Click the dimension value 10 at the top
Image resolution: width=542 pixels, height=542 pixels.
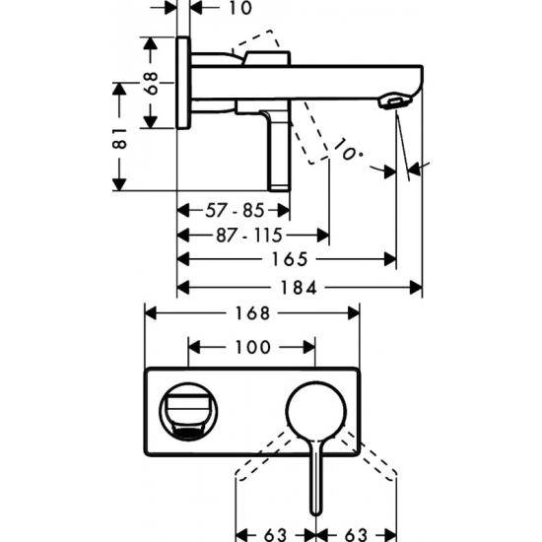[x=240, y=8]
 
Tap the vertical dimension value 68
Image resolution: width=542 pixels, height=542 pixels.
[x=152, y=83]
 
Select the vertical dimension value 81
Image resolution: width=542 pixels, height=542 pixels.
[x=119, y=138]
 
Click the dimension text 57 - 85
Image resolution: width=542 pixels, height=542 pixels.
[x=235, y=210]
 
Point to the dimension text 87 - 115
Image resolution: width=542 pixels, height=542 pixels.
[x=249, y=236]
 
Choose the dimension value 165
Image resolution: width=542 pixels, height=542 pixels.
[x=290, y=259]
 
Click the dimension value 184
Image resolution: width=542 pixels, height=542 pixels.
[x=299, y=288]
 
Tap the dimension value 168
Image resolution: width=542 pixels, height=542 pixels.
[x=252, y=313]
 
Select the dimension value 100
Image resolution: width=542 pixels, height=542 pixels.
[x=252, y=347]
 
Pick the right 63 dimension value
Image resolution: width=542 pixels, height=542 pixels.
[x=356, y=534]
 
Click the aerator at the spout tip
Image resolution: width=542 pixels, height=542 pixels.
[x=396, y=102]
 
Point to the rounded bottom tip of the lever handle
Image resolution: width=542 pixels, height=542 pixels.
[x=315, y=514]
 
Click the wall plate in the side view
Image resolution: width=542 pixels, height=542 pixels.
[x=183, y=82]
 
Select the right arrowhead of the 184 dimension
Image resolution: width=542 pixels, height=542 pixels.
[x=416, y=288]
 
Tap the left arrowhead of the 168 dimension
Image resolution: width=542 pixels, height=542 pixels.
[x=151, y=313]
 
